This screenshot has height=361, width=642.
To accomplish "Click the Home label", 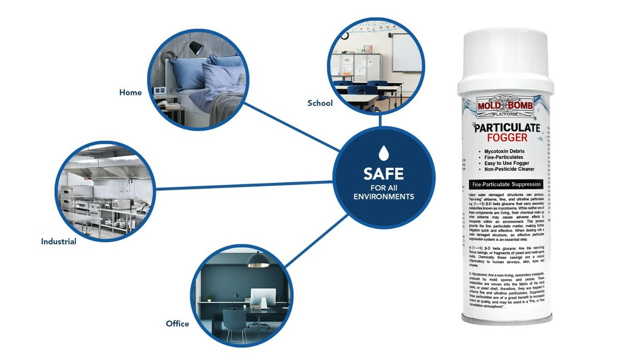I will pos(131,93).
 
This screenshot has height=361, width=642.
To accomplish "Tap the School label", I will pos(320,103).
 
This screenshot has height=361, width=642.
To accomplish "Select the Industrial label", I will pos(59,242).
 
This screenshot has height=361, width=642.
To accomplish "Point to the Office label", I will pos(177,324).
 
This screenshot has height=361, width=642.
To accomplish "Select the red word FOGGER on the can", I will pos(506,137).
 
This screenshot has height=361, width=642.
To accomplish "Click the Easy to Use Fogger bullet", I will pos(506,164).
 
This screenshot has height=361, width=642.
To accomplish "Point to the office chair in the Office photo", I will pos(234,321).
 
